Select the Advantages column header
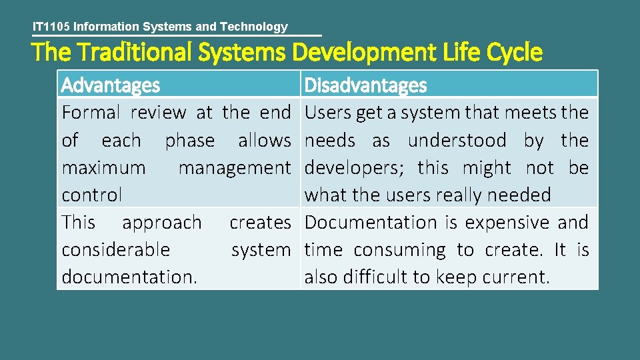tap(111, 85)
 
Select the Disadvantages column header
tap(365, 85)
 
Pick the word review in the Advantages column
tap(159, 113)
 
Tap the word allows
tap(265, 141)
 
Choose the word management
tap(235, 168)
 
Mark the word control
tap(92, 195)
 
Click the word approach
tap(162, 223)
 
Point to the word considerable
tap(116, 250)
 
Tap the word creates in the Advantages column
tap(261, 223)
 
